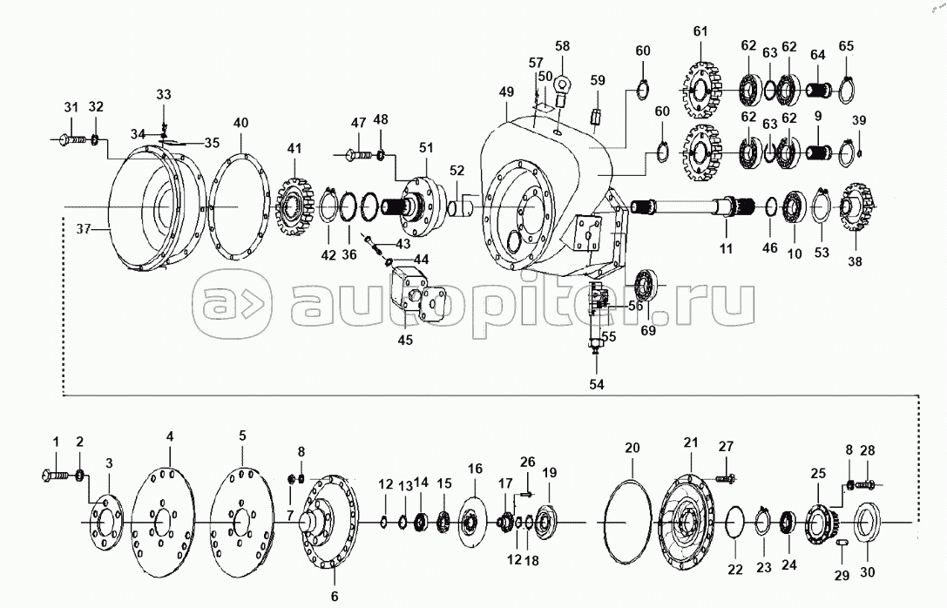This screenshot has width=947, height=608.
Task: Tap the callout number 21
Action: pyautogui.click(x=691, y=443)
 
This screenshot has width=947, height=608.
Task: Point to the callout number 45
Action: pyautogui.click(x=406, y=340)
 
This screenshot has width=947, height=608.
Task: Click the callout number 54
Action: pyautogui.click(x=596, y=383)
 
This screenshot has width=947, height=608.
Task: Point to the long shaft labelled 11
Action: pyautogui.click(x=688, y=209)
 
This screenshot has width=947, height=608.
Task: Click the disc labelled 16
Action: pyautogui.click(x=475, y=521)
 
